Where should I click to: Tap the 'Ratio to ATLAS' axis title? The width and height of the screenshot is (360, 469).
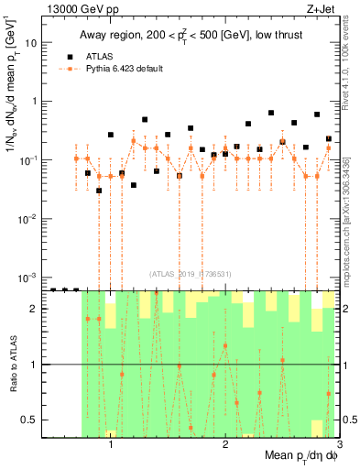tap(10, 364)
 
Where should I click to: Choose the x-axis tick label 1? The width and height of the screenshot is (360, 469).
tap(111, 448)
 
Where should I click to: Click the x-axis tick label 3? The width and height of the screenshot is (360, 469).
tap(338, 448)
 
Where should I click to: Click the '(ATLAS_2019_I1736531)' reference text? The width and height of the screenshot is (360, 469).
tap(191, 274)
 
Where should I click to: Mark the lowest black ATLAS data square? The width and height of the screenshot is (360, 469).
tap(99, 191)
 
